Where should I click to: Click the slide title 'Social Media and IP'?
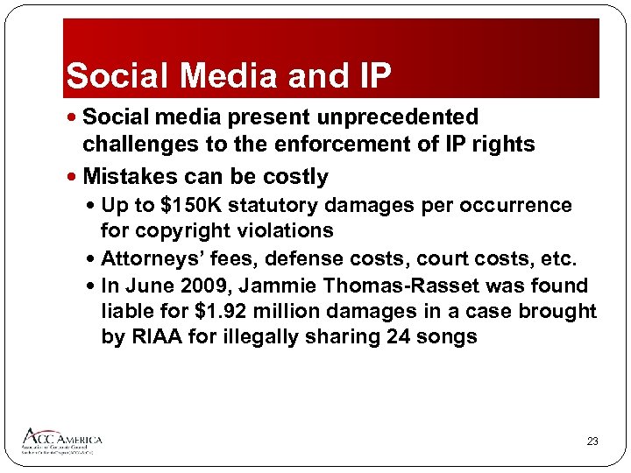[x=228, y=76]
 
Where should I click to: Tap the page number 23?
[x=592, y=441]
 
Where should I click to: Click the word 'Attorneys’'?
[x=150, y=259]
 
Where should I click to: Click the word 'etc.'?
[x=558, y=259]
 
